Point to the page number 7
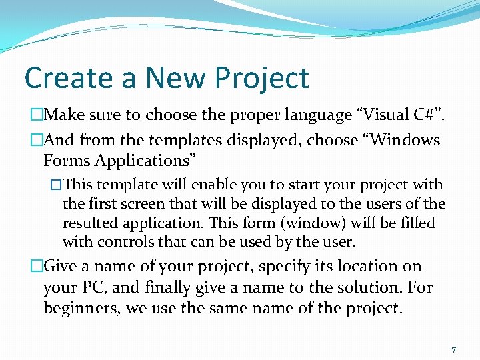click(453, 349)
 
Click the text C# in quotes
click(410, 115)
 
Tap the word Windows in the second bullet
click(405, 140)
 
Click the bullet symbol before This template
click(56, 185)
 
